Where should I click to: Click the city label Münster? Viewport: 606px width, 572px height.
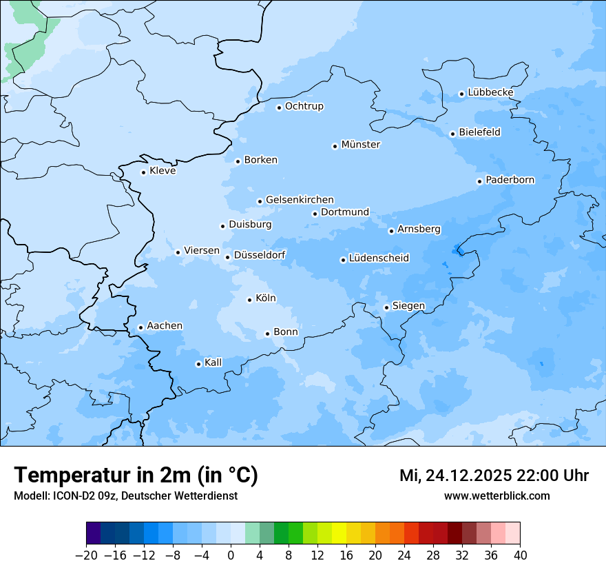[x=360, y=145]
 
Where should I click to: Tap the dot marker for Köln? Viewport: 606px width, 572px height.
[x=249, y=300]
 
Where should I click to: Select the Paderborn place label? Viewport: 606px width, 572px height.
[x=510, y=181]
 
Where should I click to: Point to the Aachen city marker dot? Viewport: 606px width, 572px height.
[x=140, y=328]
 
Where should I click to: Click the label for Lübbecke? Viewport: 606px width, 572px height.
[x=490, y=92]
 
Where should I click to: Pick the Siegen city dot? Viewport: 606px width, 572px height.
[x=386, y=308]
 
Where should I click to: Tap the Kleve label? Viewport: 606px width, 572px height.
[x=163, y=171]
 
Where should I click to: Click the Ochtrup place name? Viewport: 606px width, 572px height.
[x=304, y=106]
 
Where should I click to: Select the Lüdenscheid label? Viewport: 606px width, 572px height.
[x=379, y=258]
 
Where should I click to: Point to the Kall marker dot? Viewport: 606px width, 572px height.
[x=198, y=365]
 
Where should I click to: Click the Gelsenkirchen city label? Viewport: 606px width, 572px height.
[x=300, y=200]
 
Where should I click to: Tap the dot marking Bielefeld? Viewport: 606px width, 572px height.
[x=452, y=134]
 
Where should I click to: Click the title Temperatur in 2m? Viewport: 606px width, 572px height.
[x=136, y=475]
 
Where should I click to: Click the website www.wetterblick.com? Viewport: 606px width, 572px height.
[x=497, y=496]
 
